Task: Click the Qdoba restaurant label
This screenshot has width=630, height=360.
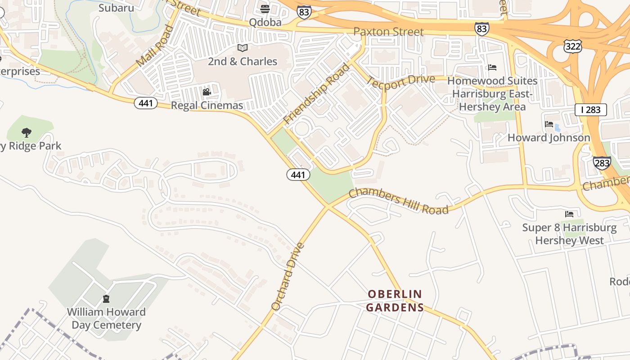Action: click(265, 22)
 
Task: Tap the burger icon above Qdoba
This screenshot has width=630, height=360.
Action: click(265, 9)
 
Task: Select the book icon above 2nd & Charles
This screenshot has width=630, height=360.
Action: click(243, 48)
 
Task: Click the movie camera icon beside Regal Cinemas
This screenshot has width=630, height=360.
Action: click(207, 92)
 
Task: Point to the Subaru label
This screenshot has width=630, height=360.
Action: click(116, 8)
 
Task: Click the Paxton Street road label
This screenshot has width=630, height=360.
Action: click(388, 31)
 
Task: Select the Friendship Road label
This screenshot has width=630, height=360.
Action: click(316, 94)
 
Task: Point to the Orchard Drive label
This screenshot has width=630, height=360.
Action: click(288, 276)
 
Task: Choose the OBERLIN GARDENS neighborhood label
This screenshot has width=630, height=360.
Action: click(395, 301)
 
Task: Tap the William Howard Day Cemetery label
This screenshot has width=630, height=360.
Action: click(106, 318)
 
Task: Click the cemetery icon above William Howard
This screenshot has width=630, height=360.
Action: click(106, 298)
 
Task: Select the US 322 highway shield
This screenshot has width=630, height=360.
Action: click(572, 45)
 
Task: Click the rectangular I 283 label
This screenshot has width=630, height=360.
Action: click(590, 109)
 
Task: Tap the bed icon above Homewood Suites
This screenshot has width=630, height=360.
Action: click(492, 67)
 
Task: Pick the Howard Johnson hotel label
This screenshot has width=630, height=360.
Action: click(549, 138)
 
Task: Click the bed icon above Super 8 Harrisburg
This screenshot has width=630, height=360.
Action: click(569, 214)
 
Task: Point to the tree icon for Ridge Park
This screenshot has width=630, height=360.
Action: click(27, 133)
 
